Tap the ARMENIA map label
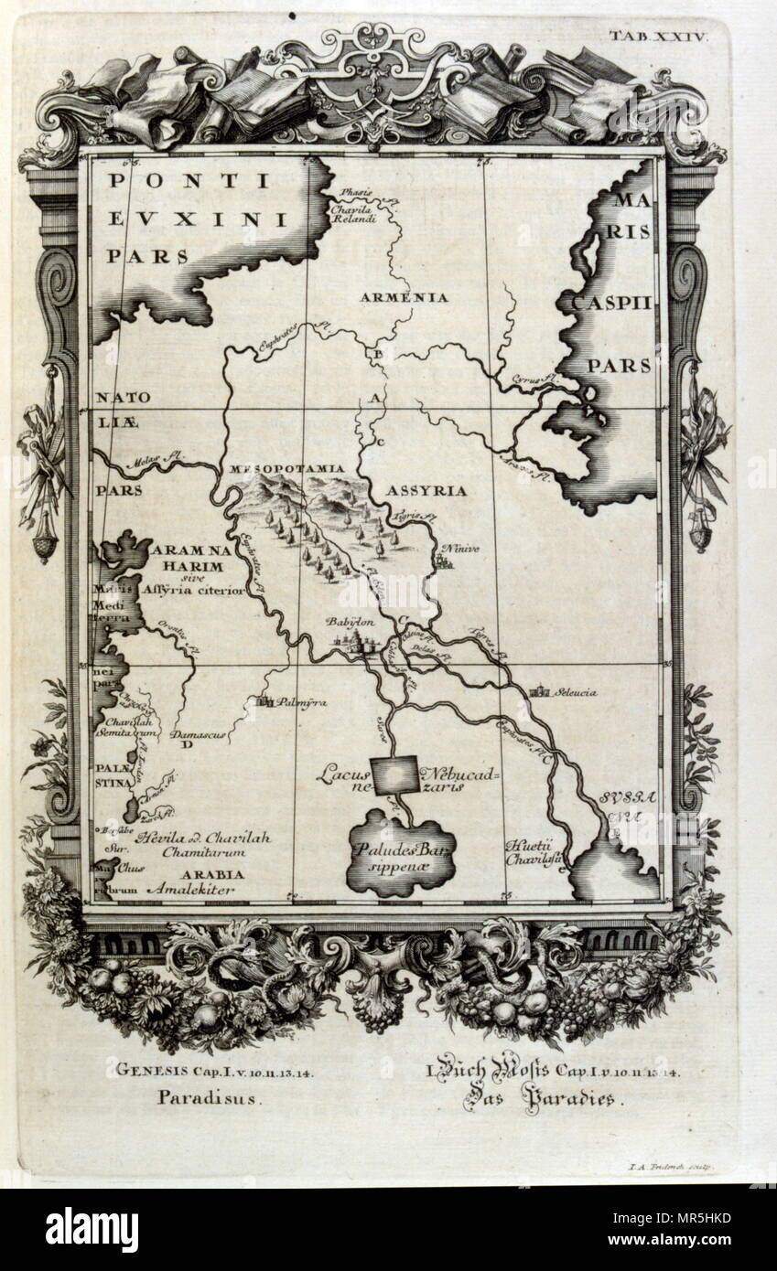pyautogui.click(x=404, y=297)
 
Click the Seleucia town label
pyautogui.click(x=575, y=692)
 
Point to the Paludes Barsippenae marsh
pyautogui.click(x=400, y=855)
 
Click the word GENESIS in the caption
pyautogui.click(x=150, y=1069)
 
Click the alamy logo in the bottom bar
pyautogui.click(x=92, y=1230)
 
